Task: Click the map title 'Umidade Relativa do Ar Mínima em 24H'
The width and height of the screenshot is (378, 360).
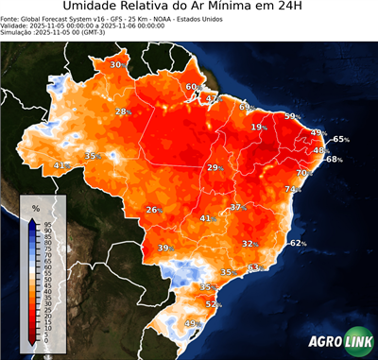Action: point(188,9)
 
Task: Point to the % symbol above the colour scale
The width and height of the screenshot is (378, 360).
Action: point(35,207)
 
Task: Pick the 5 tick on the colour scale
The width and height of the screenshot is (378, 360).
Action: point(46,334)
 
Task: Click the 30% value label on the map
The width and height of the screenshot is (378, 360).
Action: point(116,64)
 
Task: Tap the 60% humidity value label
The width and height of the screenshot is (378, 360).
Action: point(192,87)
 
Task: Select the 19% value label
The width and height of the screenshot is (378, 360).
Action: point(258,127)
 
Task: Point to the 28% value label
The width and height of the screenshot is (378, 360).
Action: point(122,111)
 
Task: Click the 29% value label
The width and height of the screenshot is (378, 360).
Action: point(214,167)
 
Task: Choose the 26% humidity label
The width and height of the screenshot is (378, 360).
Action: point(152,210)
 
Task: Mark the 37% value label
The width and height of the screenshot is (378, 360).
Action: point(237,206)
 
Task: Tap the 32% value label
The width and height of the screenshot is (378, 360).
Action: point(249,243)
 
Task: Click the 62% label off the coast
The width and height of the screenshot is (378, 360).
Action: point(298,243)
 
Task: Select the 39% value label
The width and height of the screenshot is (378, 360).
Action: point(164,248)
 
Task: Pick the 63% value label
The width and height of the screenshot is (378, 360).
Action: point(253,268)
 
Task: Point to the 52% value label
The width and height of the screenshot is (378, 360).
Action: point(213,304)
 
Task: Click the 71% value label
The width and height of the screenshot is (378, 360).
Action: point(292,189)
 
